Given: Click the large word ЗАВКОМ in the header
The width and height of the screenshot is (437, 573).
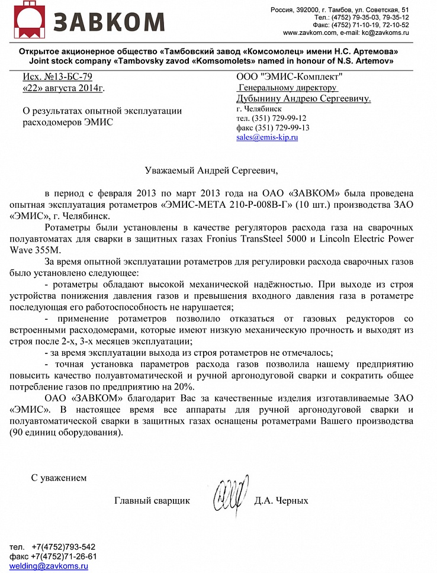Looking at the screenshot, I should pyautogui.click(x=108, y=22).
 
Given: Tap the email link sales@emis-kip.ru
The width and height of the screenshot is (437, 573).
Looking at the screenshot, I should pyautogui.click(x=266, y=137).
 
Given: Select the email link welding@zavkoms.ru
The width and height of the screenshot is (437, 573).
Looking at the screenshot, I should pyautogui.click(x=49, y=566).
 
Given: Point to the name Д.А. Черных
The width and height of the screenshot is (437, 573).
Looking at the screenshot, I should pyautogui.click(x=281, y=501).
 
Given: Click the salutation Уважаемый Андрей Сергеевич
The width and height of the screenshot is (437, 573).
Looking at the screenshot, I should pyautogui.click(x=211, y=170).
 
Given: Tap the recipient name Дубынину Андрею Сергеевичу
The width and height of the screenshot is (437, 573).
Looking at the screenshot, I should pyautogui.click(x=303, y=98).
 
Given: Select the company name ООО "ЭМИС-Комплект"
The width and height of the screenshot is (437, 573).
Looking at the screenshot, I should pyautogui.click(x=289, y=77).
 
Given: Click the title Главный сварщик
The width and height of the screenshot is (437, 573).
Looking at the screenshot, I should pyautogui.click(x=152, y=501).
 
